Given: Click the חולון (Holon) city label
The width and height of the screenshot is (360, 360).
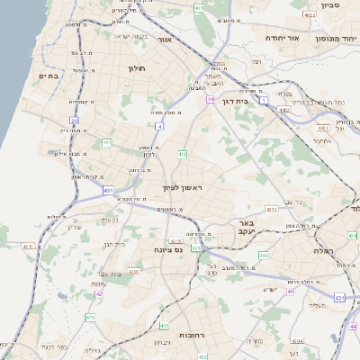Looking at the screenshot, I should click(x=137, y=68).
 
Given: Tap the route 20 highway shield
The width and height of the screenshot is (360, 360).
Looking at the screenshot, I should click(x=75, y=120).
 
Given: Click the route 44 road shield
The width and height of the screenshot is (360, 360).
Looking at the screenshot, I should click(x=211, y=99).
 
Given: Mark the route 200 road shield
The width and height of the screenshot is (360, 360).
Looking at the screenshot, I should click(x=263, y=256).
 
